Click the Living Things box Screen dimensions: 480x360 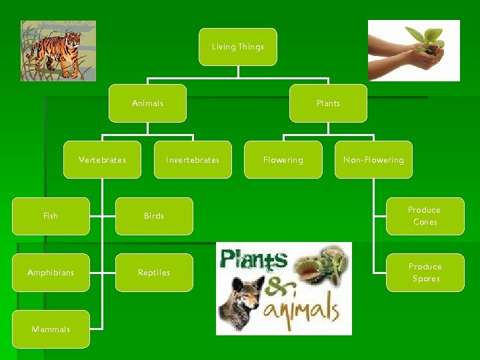pos(238,47)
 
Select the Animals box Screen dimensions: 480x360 pos(147,103)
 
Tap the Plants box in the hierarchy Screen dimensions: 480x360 pos(328,103)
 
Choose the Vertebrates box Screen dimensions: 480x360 pos(102,160)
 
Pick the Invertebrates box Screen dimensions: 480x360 pos(193,160)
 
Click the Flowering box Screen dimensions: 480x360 pos(283,160)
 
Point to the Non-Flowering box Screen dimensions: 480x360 pos(373,160)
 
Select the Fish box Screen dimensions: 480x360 pos(51,216)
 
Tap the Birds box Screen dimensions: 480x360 pos(154,216)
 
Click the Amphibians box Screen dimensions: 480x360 pos(51,273)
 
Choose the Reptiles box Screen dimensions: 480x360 pos(154,273)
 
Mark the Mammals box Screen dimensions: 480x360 pos(51,329)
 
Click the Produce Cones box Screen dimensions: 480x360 pos(425,216)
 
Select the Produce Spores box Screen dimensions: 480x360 pos(425,273)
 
